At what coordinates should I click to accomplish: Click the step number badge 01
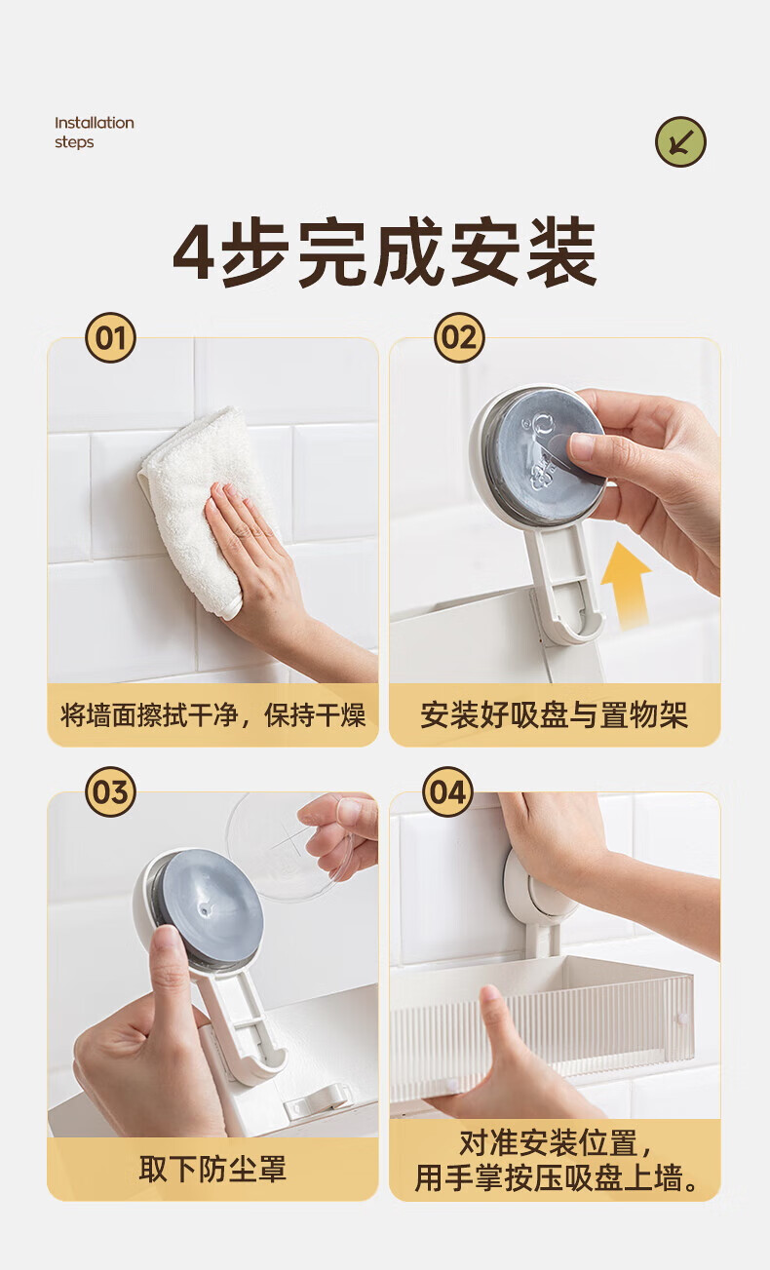pos(110,338)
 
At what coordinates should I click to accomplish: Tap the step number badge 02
pos(459,338)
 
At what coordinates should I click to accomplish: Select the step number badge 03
pos(110,792)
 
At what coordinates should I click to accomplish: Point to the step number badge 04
pos(448,792)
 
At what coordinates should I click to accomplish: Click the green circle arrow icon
pos(680,141)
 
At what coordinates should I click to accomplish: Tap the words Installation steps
pos(95,133)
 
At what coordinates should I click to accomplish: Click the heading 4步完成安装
pos(385,251)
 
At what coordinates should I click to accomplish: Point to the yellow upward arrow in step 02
pos(626,584)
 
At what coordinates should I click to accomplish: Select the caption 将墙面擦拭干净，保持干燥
pos(213,714)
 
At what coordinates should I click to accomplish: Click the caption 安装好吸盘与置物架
pos(554,714)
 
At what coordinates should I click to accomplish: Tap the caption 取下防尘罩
pos(212,1169)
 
